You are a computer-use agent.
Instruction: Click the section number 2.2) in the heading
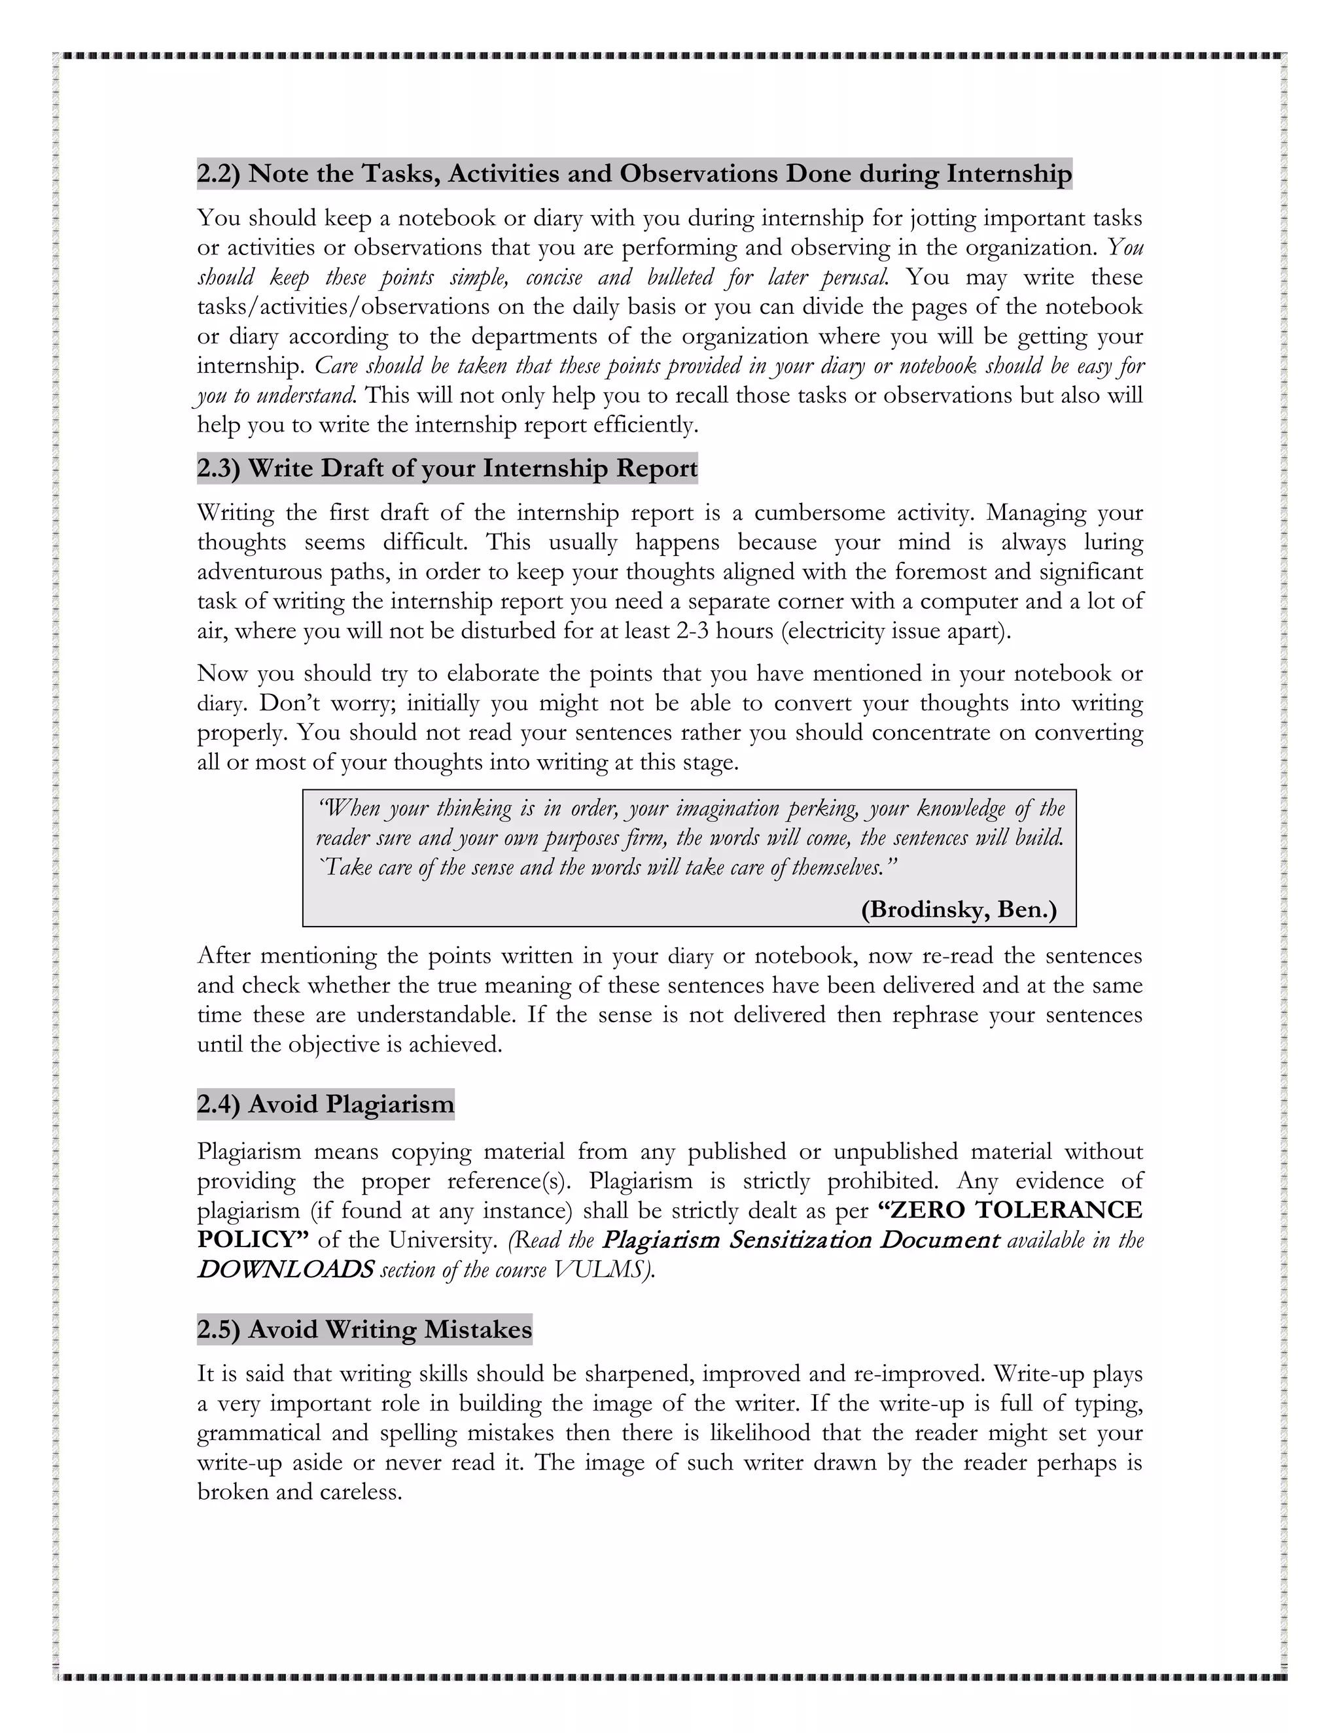click(x=219, y=173)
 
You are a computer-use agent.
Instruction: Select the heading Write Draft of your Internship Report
click(x=473, y=468)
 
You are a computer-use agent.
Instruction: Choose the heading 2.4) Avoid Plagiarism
click(x=325, y=1104)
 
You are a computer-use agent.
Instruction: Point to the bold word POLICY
click(x=250, y=1239)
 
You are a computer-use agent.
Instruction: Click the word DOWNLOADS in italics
click(x=285, y=1269)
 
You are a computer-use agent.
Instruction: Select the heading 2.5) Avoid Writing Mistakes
click(x=364, y=1328)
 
